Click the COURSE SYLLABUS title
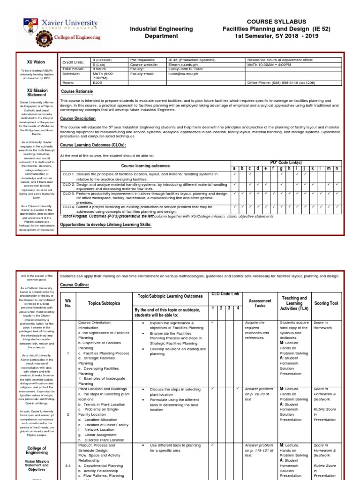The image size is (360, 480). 276,21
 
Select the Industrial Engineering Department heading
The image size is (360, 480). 161,32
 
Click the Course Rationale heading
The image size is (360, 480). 77,91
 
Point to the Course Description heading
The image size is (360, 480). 78,119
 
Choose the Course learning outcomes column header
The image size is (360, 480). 145,166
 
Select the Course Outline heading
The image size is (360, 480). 74,285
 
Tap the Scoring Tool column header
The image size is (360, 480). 326,303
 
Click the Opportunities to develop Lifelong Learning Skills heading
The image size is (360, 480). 106,225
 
